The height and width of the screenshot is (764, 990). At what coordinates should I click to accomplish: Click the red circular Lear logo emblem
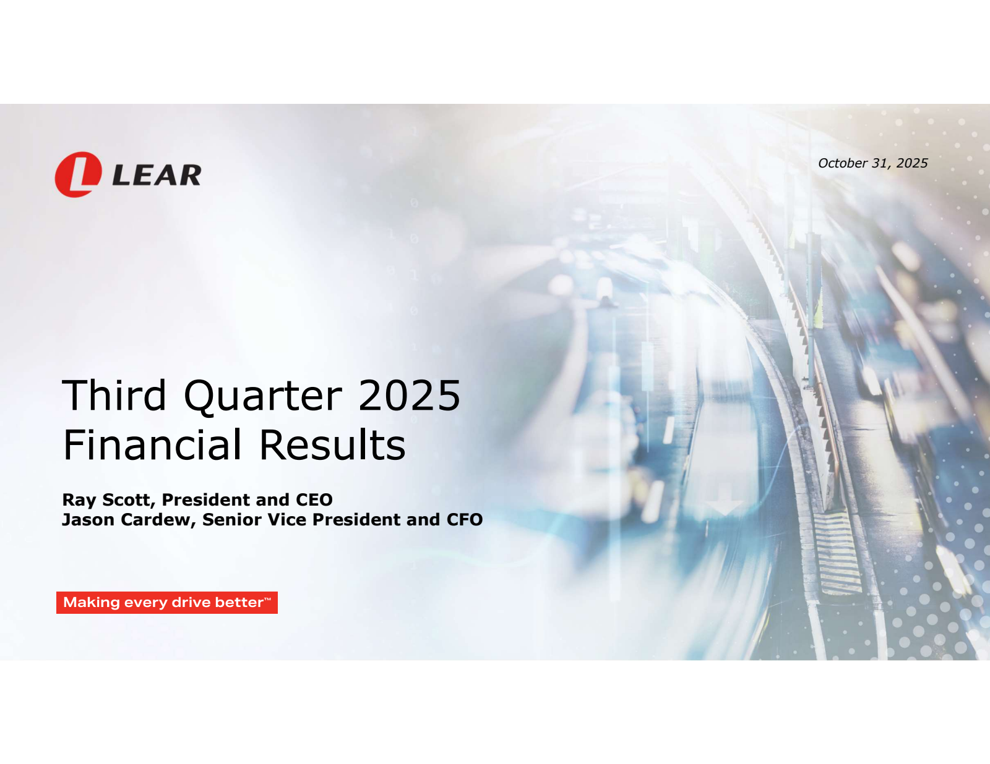(x=78, y=175)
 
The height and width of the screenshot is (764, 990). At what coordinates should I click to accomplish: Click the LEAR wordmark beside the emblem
(x=157, y=176)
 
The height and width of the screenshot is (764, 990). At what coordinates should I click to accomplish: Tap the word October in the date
(x=843, y=163)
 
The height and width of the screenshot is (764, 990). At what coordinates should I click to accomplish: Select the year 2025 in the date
(x=912, y=163)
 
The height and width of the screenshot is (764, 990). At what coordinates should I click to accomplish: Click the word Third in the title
(x=114, y=396)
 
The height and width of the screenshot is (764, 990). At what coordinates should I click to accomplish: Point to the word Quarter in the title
(x=263, y=397)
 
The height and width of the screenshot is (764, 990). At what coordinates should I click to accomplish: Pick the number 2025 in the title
(x=409, y=396)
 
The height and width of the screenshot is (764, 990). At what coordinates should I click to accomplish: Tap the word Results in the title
(x=332, y=445)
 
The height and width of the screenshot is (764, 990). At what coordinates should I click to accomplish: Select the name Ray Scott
(x=106, y=500)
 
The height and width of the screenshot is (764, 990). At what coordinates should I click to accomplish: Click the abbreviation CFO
(x=465, y=520)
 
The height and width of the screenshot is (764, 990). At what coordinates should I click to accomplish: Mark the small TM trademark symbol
(x=267, y=599)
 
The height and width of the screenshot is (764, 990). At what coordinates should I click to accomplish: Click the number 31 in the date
(x=880, y=163)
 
